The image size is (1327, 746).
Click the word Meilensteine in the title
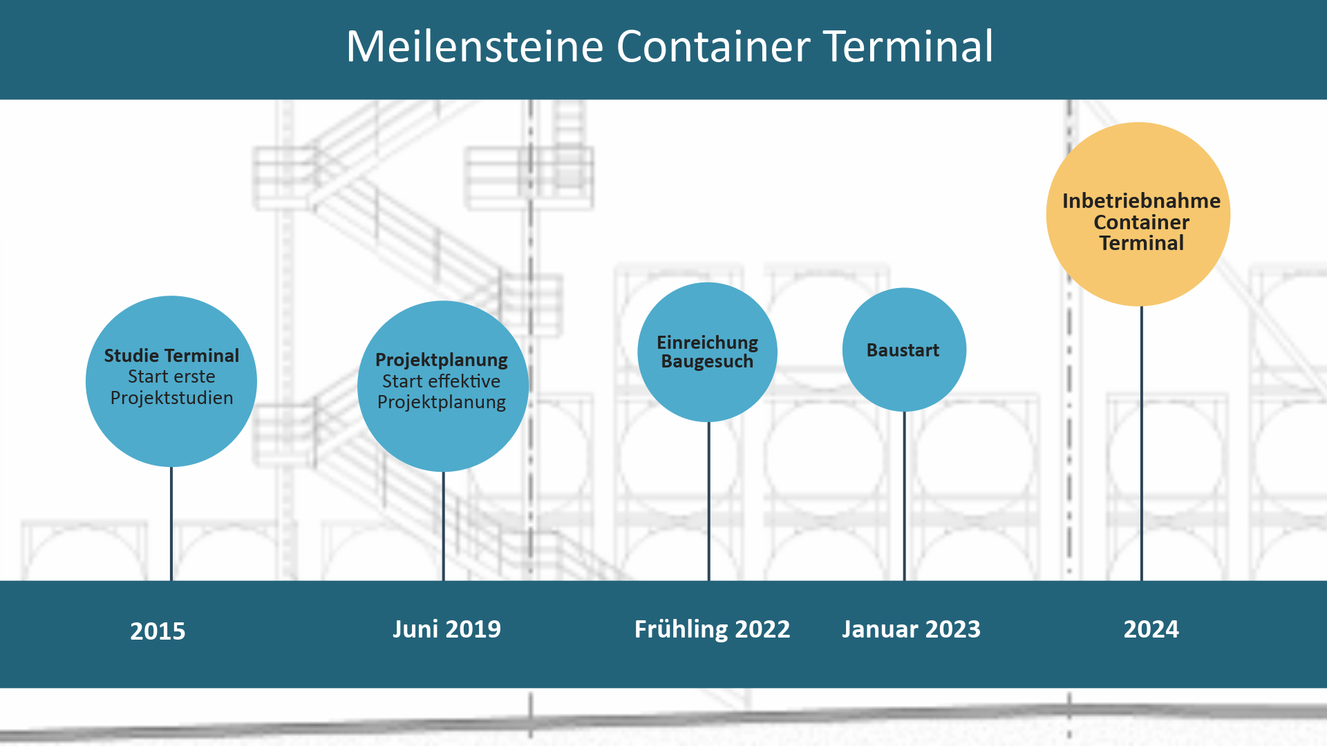tap(475, 46)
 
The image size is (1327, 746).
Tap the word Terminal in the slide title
tap(908, 46)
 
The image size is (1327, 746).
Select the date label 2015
tap(158, 631)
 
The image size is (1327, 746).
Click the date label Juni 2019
tap(446, 629)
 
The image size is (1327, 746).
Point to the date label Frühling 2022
tap(712, 629)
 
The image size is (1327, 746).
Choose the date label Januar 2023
tap(911, 629)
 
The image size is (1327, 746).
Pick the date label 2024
tap(1151, 629)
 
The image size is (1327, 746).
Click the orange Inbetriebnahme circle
tap(1138, 214)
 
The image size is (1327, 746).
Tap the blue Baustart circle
tap(904, 350)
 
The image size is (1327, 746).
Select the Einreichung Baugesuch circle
tap(707, 352)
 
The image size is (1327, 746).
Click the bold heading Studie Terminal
tap(171, 356)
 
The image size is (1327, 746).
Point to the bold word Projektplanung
tap(442, 360)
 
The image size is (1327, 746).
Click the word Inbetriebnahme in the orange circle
tap(1141, 201)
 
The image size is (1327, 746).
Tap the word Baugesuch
tap(707, 361)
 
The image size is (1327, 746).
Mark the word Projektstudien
tap(171, 399)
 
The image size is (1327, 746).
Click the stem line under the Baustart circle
tap(904, 496)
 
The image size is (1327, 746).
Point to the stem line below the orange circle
tap(1141, 443)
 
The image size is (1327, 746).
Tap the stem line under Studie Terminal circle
tap(171, 524)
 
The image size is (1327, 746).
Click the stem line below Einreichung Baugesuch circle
tap(708, 501)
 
